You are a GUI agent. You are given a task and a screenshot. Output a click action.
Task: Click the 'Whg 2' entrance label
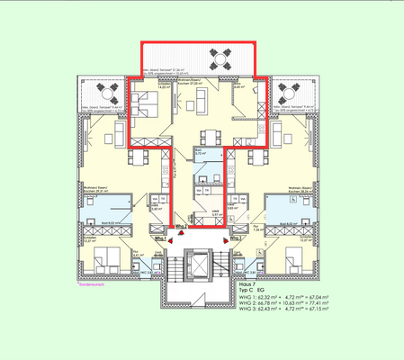click(180, 227)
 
